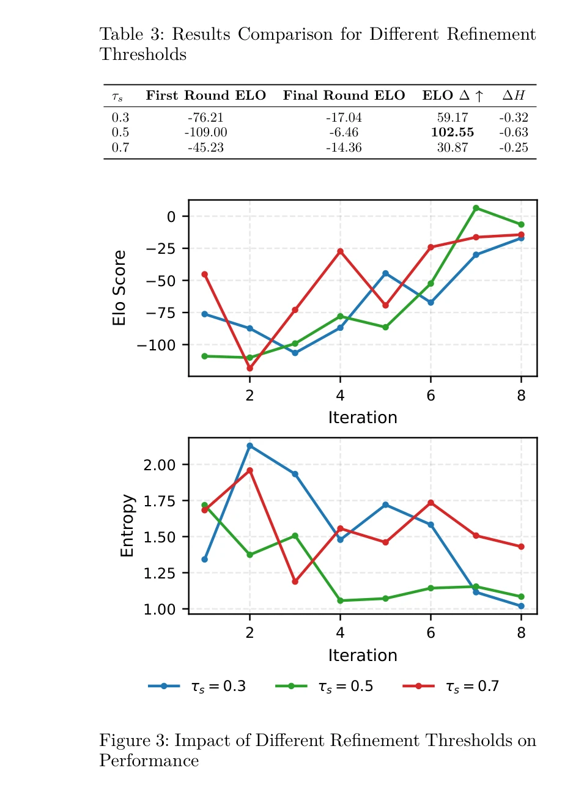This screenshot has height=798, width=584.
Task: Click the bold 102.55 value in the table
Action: click(x=452, y=133)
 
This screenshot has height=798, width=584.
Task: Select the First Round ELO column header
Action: click(x=205, y=95)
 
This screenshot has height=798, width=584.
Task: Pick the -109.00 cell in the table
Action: click(x=205, y=133)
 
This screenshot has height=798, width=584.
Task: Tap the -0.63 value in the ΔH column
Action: click(x=513, y=133)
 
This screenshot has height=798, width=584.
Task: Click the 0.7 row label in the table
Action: click(x=120, y=148)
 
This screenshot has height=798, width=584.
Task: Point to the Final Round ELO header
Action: click(x=344, y=95)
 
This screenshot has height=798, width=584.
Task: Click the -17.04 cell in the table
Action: click(x=344, y=117)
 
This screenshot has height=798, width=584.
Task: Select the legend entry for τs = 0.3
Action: click(x=197, y=686)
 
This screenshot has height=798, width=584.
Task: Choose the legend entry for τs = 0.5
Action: click(x=324, y=686)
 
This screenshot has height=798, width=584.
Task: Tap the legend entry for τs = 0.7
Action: click(x=451, y=686)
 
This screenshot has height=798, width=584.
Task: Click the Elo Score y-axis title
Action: click(x=119, y=287)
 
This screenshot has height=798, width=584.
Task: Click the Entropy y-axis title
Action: click(x=127, y=526)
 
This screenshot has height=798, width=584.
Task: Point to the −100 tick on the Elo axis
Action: click(x=156, y=345)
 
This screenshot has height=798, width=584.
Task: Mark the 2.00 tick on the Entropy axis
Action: click(x=159, y=465)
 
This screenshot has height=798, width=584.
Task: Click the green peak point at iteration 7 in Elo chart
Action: click(x=476, y=209)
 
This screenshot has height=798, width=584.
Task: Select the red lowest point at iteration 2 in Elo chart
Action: click(x=249, y=369)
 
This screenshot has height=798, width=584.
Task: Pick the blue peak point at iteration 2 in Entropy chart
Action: click(x=249, y=446)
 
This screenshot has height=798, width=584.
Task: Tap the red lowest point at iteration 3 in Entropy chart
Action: click(x=295, y=582)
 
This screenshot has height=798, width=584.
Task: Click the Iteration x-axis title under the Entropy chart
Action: click(x=363, y=656)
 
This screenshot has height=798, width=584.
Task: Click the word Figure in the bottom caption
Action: click(x=125, y=741)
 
